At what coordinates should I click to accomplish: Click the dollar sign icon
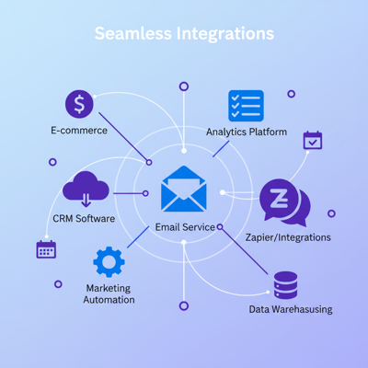[79, 105]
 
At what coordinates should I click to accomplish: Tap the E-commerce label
[79, 131]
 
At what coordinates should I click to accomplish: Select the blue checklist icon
[246, 106]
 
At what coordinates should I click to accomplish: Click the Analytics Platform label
[247, 132]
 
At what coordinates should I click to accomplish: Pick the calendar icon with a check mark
[313, 140]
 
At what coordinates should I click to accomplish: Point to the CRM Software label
[84, 219]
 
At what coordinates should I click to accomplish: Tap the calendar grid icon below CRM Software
[46, 248]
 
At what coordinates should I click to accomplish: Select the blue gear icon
[109, 263]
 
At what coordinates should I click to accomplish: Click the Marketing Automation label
[109, 293]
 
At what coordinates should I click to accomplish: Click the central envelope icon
[183, 190]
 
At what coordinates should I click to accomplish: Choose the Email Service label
[185, 227]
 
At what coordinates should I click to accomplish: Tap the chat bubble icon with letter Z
[282, 201]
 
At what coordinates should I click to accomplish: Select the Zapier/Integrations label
[289, 237]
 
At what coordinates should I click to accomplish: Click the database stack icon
[285, 284]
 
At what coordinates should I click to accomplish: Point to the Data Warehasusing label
[291, 309]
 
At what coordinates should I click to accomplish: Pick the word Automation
[109, 300]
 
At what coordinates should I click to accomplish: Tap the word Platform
[268, 132]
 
